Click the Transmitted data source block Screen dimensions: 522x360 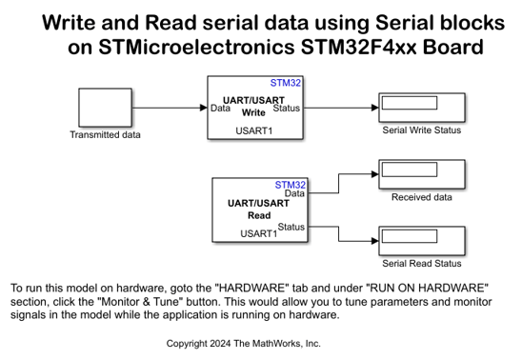pyautogui.click(x=105, y=108)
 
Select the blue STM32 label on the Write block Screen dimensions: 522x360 pyautogui.click(x=286, y=83)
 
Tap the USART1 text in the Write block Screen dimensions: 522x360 pyautogui.click(x=254, y=130)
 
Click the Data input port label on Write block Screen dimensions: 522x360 pyautogui.click(x=220, y=109)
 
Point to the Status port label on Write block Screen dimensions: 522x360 pyautogui.click(x=287, y=109)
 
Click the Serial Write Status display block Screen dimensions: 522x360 pyautogui.click(x=422, y=108)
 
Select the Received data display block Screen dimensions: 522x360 pyautogui.click(x=422, y=174)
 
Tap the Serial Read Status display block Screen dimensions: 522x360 pyautogui.click(x=422, y=241)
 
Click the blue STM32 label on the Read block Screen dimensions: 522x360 pyautogui.click(x=290, y=185)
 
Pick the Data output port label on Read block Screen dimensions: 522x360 pyautogui.click(x=294, y=193)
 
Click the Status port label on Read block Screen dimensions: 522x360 pyautogui.click(x=291, y=227)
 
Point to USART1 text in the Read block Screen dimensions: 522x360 pyautogui.click(x=259, y=233)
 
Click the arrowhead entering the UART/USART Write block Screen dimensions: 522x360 pyautogui.click(x=204, y=108)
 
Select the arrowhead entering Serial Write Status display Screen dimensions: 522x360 pyautogui.click(x=375, y=108)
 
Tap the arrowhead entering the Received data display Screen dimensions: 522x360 pyautogui.click(x=375, y=174)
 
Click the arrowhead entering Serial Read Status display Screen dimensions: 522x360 pyautogui.click(x=375, y=241)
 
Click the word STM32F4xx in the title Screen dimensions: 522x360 pyautogui.click(x=358, y=47)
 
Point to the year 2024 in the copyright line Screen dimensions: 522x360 pyautogui.click(x=220, y=344)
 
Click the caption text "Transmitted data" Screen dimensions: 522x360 pyautogui.click(x=105, y=134)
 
